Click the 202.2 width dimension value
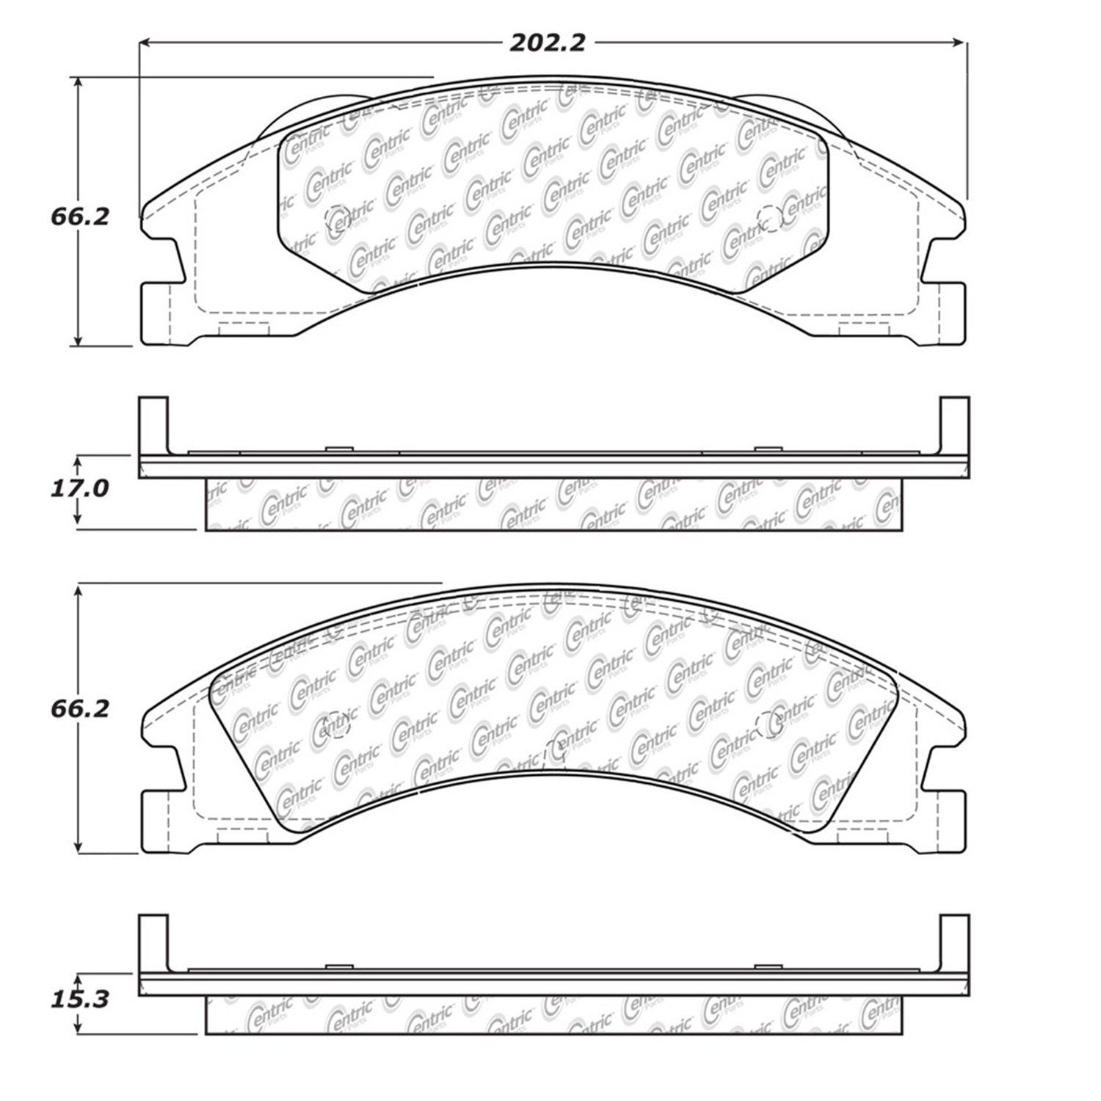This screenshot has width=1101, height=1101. click(x=548, y=43)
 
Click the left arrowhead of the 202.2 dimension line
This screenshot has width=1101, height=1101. click(x=146, y=43)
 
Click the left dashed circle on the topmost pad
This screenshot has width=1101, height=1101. click(x=338, y=217)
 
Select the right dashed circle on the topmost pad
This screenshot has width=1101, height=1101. click(x=769, y=217)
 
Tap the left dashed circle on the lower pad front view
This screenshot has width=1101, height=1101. click(x=338, y=725)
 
